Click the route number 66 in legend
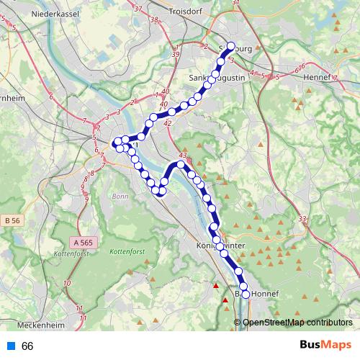28,346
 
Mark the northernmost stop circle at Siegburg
231,47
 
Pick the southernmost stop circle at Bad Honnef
246,294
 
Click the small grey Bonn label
120,196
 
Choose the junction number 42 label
168,124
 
